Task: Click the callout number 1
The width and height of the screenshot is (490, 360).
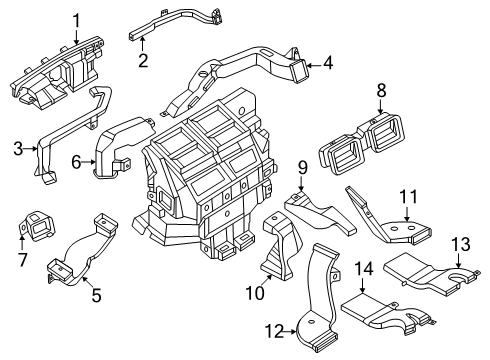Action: tap(77, 20)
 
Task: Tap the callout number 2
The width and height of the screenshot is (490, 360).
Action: tap(143, 60)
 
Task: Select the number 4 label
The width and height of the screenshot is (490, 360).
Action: tap(328, 62)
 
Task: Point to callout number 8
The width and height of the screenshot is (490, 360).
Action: tap(381, 90)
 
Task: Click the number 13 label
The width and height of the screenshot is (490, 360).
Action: tap(461, 244)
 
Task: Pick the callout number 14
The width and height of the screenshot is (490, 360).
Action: tap(364, 268)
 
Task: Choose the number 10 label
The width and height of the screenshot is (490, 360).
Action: tap(255, 293)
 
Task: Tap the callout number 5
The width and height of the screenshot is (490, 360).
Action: tap(96, 295)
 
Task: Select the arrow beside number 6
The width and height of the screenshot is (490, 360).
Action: tap(89, 162)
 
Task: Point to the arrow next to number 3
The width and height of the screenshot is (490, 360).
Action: tap(31, 149)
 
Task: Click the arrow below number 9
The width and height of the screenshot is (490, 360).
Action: tap(301, 183)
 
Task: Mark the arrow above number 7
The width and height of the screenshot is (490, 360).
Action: tap(21, 242)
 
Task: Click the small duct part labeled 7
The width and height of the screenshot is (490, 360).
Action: tap(37, 226)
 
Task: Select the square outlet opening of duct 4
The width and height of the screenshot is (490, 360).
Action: tap(299, 70)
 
